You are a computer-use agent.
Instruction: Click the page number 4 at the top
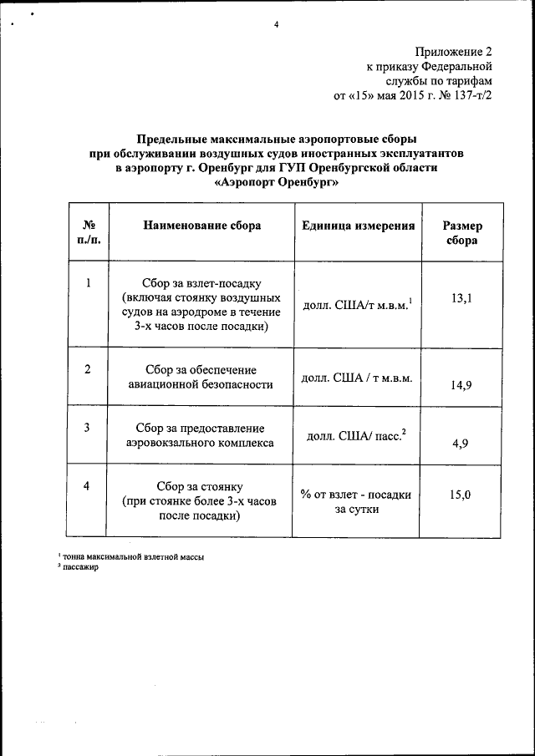click(275, 24)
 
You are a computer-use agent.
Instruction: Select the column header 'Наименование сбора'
click(202, 226)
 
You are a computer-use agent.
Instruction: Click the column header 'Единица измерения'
click(359, 226)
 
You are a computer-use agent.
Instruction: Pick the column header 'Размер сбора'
click(462, 233)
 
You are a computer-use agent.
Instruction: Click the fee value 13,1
click(461, 297)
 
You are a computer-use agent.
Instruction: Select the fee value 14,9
click(460, 384)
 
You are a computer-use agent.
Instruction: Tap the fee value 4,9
click(460, 443)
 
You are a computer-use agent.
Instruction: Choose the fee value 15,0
click(460, 495)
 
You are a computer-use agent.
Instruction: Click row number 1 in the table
click(89, 282)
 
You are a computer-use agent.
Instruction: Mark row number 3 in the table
click(89, 429)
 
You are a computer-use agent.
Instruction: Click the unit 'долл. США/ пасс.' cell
click(356, 435)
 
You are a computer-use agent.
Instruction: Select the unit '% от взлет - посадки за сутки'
click(357, 501)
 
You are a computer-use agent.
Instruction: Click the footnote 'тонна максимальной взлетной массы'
click(134, 556)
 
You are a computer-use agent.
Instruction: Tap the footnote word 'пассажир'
click(81, 567)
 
